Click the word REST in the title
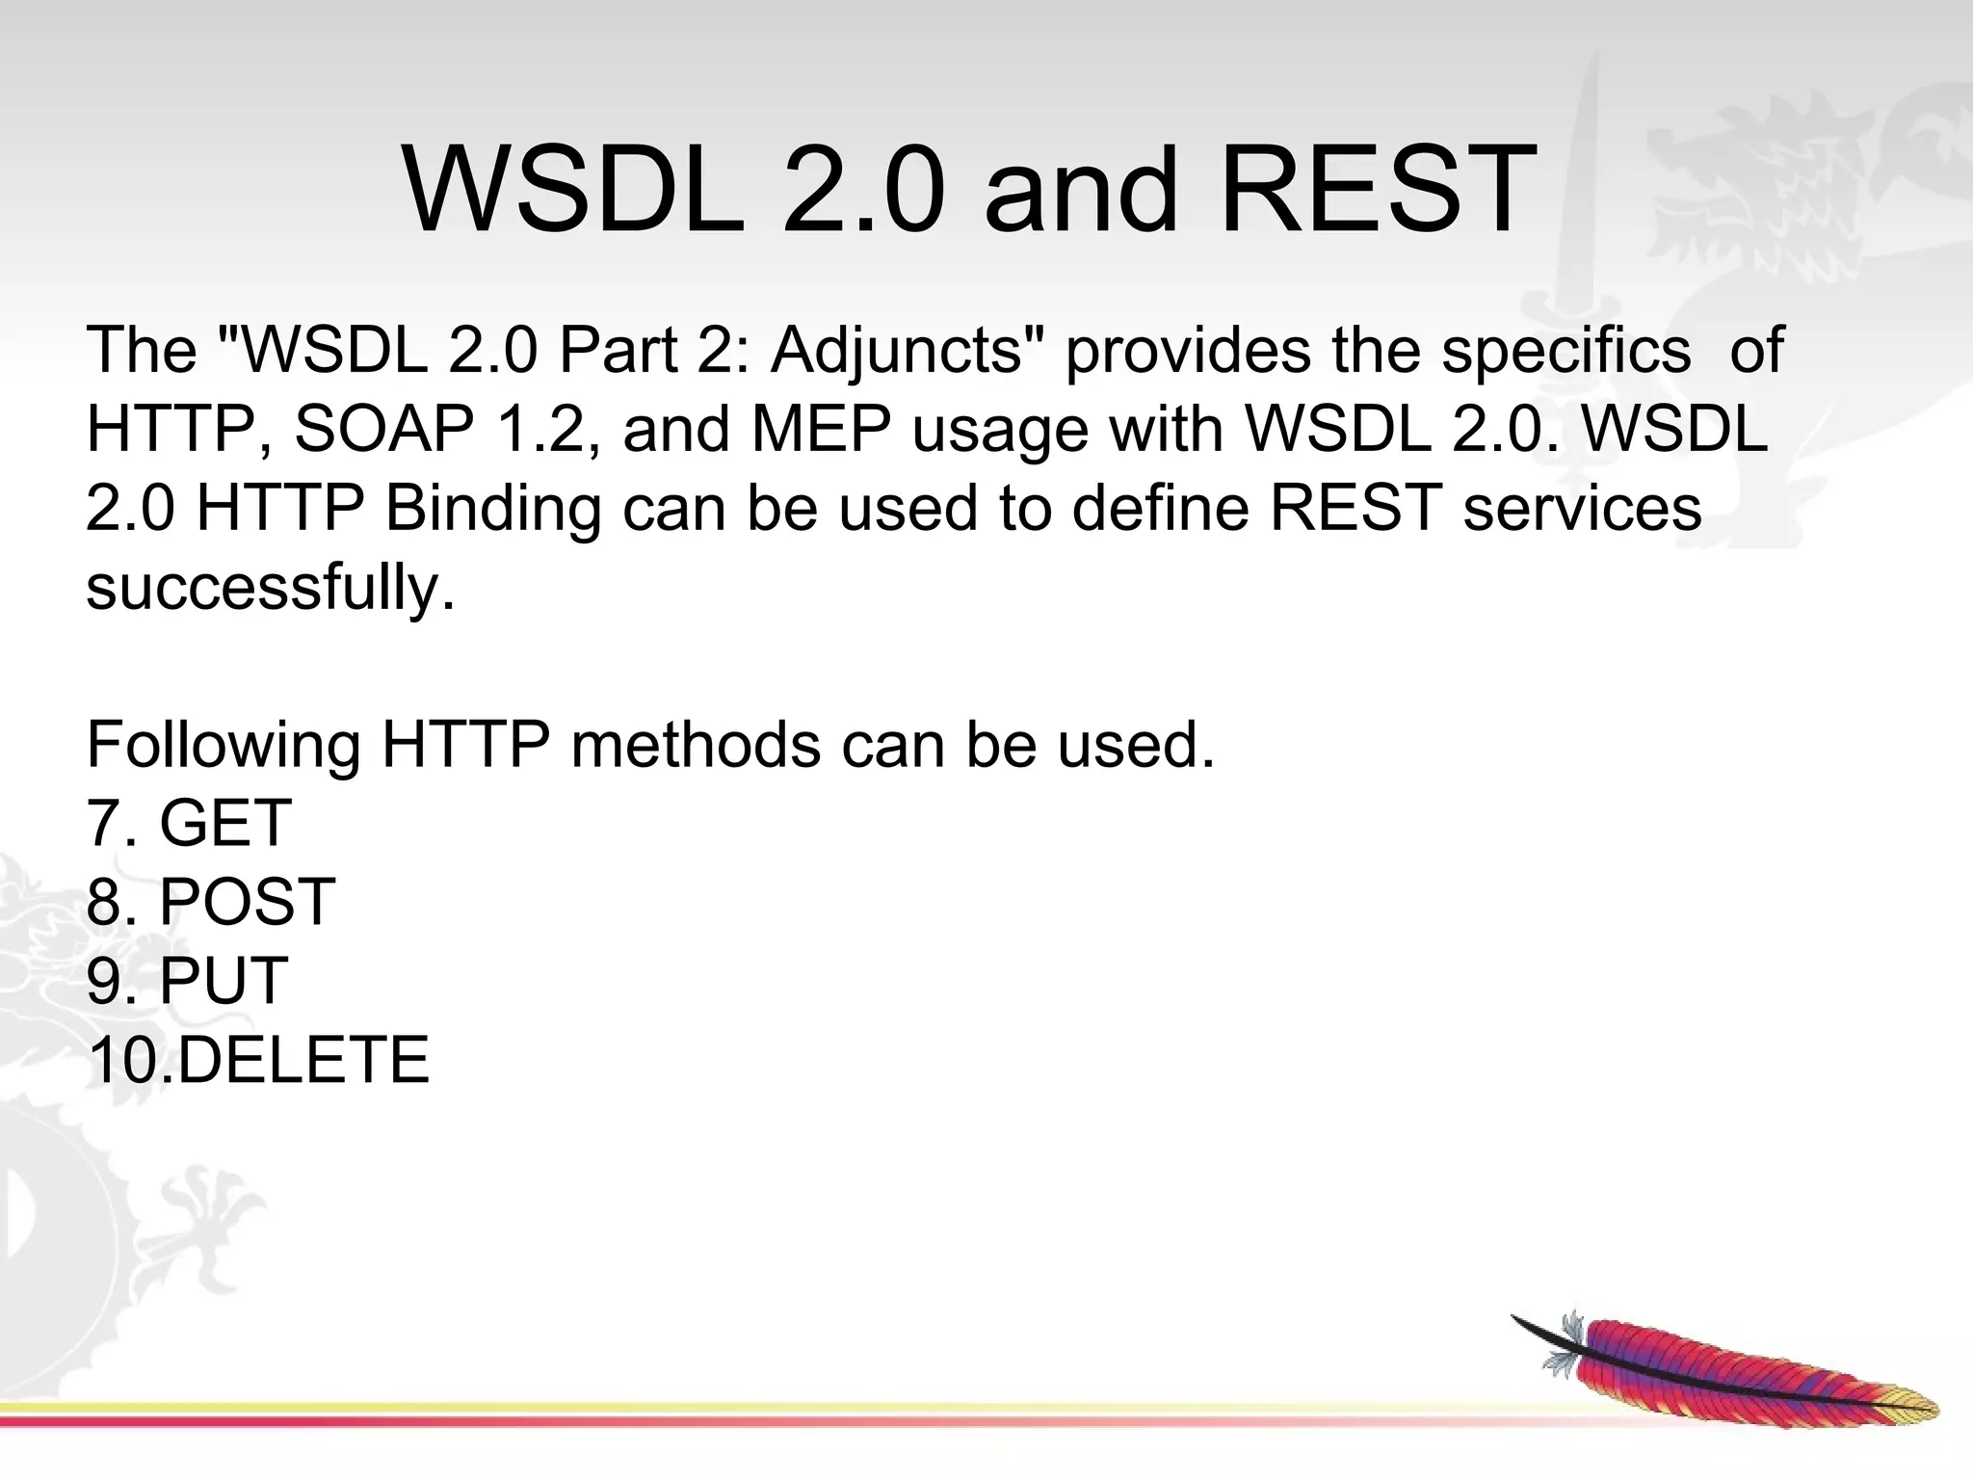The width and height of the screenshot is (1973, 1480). click(1378, 190)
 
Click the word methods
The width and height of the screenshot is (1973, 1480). click(695, 745)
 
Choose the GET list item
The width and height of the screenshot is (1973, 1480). click(224, 824)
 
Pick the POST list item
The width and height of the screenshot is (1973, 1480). click(247, 903)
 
